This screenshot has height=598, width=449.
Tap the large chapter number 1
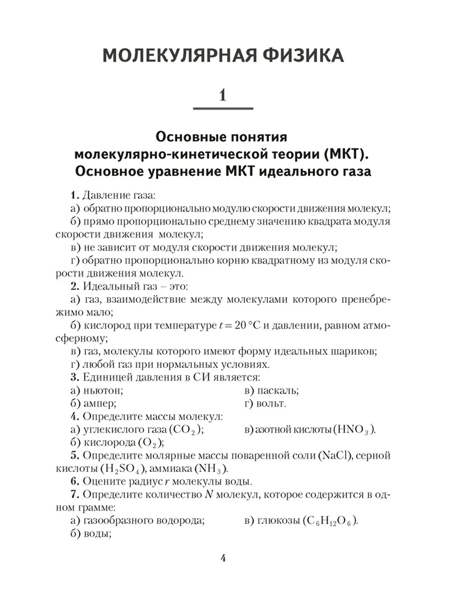click(x=223, y=94)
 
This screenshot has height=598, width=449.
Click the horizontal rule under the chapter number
click(x=223, y=109)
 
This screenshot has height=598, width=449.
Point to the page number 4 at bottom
click(x=224, y=559)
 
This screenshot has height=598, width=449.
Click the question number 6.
click(x=73, y=482)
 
